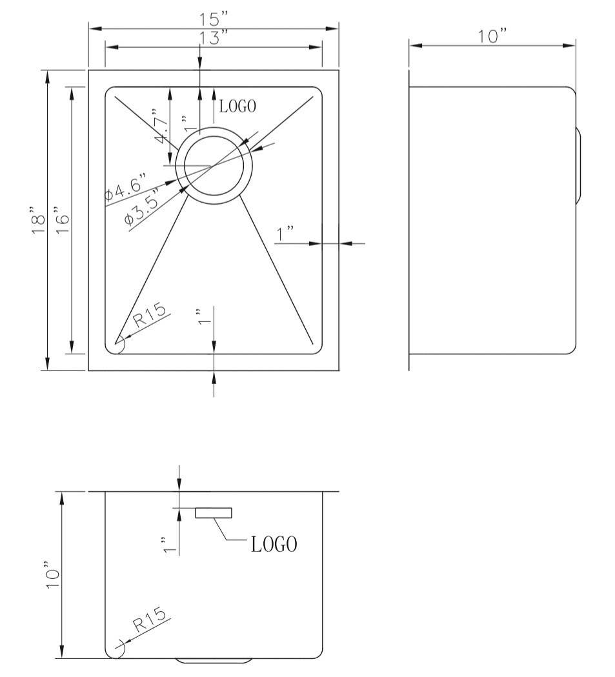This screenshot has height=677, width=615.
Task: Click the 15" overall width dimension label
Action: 214,20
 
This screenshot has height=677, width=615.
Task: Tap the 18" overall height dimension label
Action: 37,221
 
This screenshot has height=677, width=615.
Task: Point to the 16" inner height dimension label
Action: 61,221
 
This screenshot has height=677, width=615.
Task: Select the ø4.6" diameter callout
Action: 126,187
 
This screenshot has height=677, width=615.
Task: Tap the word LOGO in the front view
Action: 274,545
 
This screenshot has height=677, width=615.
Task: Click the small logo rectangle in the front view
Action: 214,512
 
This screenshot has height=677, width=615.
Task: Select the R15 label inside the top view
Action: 150,314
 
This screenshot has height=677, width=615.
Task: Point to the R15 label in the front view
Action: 150,621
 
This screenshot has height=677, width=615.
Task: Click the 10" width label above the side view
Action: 492,37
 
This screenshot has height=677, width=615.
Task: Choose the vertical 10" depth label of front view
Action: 52,574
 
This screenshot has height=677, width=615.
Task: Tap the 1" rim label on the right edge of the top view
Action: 285,234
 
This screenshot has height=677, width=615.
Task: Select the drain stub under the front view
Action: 214,661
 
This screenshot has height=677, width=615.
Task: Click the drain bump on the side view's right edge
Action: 579,166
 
